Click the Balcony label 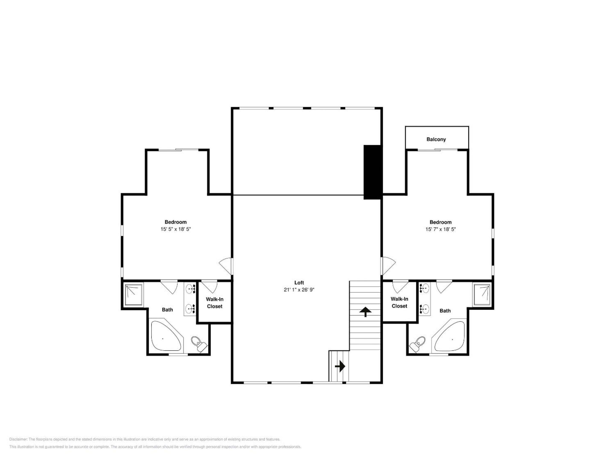(436, 139)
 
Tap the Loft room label (299, 283)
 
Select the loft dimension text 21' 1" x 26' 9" (299, 290)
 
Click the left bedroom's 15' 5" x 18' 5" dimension (176, 229)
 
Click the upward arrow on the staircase (365, 312)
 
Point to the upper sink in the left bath (191, 289)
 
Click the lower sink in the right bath (425, 308)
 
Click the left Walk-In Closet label (215, 303)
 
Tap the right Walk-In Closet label (399, 302)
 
